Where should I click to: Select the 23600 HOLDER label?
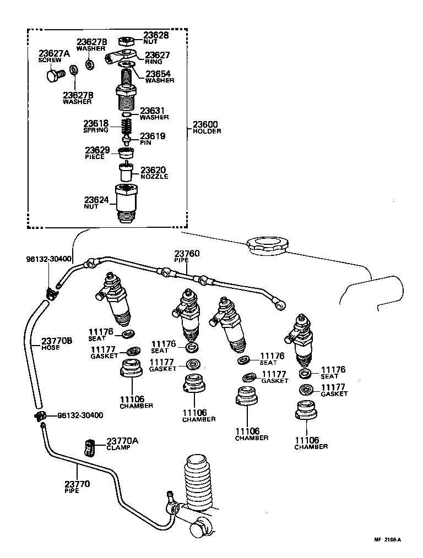(x=207, y=127)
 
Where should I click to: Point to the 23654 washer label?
(x=159, y=74)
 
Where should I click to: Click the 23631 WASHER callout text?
(x=153, y=113)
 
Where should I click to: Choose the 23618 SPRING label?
(x=96, y=127)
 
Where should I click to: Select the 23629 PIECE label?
(x=97, y=152)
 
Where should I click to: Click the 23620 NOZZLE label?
(x=154, y=173)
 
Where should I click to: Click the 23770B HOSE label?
(x=57, y=344)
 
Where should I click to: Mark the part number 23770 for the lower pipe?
(x=77, y=486)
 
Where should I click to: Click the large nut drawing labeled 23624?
(x=127, y=203)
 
